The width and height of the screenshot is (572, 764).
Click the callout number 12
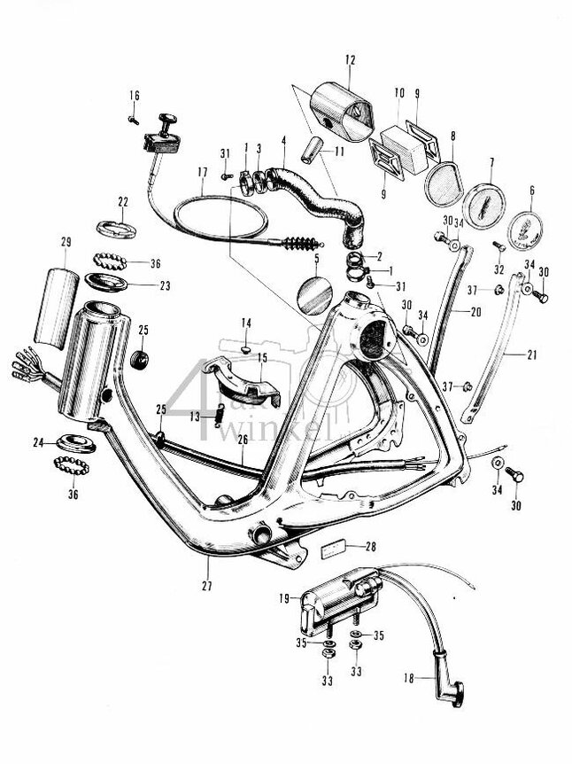pyautogui.click(x=350, y=59)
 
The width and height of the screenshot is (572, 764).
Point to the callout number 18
pyautogui.click(x=408, y=678)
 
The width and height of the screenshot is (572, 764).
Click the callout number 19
pyautogui.click(x=284, y=598)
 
